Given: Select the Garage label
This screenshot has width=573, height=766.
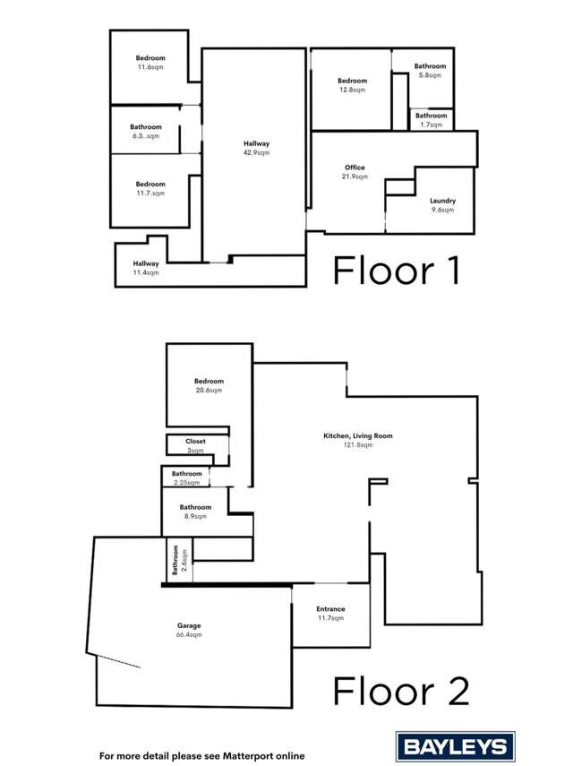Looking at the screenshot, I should [x=188, y=624].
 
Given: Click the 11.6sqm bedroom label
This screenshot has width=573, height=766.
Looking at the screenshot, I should [x=150, y=58].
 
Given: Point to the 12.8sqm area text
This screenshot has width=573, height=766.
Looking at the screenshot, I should [x=352, y=90].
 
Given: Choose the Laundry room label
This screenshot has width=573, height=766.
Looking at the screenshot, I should [x=442, y=201].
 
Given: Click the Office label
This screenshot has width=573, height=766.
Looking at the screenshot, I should [x=355, y=168].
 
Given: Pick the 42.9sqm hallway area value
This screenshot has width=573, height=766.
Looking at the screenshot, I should [x=257, y=153].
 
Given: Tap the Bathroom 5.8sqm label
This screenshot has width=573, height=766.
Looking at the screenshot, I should [x=430, y=66].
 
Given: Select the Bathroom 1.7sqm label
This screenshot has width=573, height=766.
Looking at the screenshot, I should [x=430, y=116].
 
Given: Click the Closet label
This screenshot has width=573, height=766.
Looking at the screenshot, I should [x=195, y=442].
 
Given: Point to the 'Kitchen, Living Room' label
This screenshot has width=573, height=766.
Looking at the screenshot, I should [x=358, y=436].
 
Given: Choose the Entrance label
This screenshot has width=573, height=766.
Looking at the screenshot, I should [x=331, y=609].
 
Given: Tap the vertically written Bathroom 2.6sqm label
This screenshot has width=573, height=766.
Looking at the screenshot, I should [x=177, y=561].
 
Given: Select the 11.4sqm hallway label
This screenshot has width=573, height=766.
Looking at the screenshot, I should [x=146, y=263].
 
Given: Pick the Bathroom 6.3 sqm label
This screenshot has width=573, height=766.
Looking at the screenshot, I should [x=145, y=127].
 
